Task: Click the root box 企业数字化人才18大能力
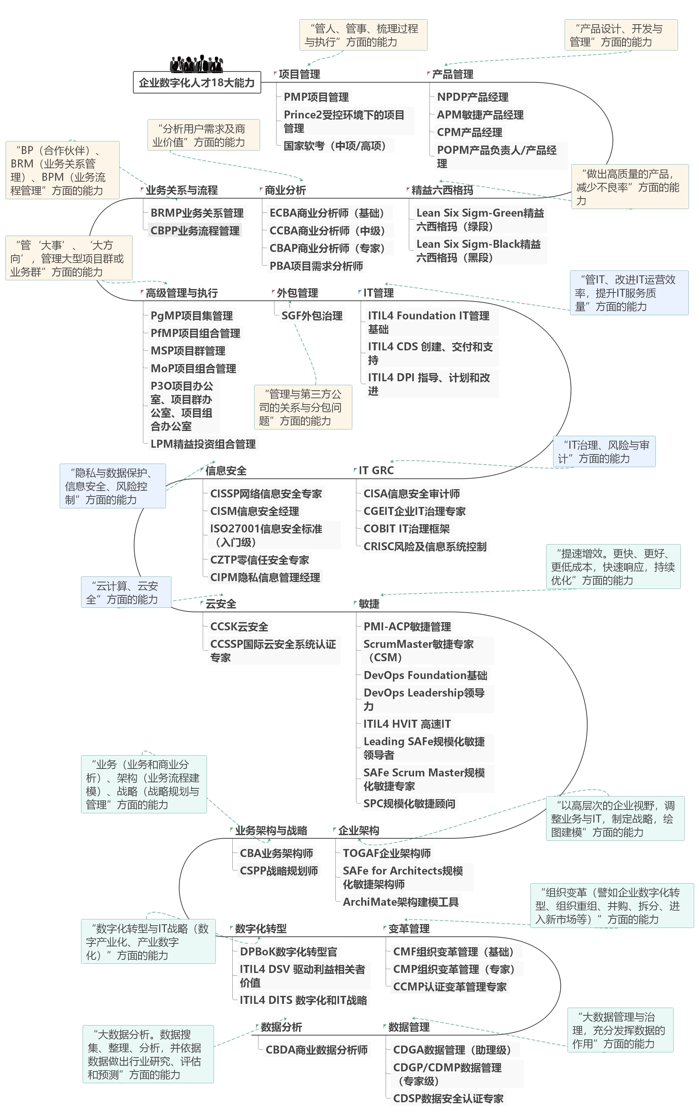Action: pyautogui.click(x=197, y=83)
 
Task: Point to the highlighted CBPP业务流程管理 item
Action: pyautogui.click(x=195, y=231)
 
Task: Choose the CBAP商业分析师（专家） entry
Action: pyautogui.click(x=327, y=248)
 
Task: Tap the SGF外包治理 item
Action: pyautogui.click(x=312, y=316)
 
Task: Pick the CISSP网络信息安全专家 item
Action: pyautogui.click(x=266, y=494)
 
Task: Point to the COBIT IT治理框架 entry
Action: pyautogui.click(x=406, y=529)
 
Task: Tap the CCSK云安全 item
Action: pyautogui.click(x=239, y=626)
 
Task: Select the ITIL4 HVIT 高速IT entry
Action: pyautogui.click(x=407, y=724)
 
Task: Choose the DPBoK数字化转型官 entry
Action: pyautogui.click(x=288, y=951)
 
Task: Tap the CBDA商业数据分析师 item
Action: pyautogui.click(x=316, y=1050)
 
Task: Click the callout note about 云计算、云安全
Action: pyautogui.click(x=126, y=592)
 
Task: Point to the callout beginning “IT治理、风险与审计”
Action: pyautogui.click(x=604, y=452)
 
